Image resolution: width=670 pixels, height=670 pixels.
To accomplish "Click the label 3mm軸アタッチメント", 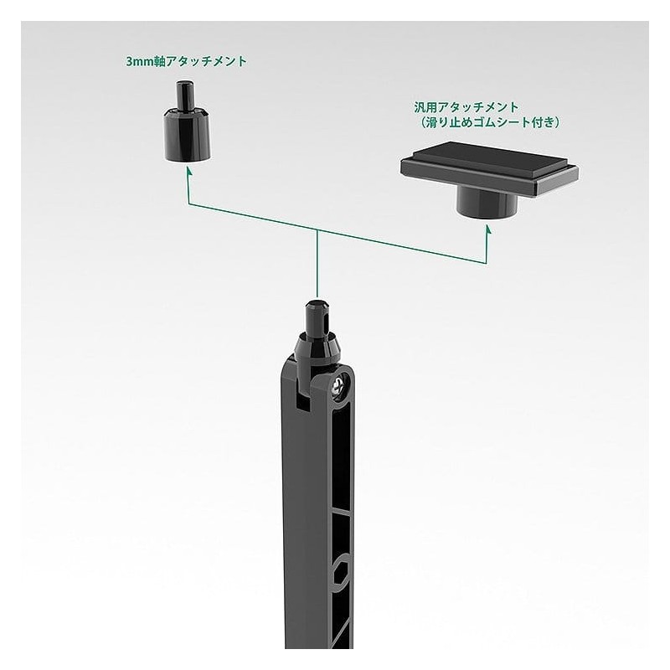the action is coord(186,61).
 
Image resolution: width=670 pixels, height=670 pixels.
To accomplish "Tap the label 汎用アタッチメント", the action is coord(466,107).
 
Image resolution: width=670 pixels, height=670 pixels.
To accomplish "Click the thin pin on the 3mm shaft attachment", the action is coord(185,95).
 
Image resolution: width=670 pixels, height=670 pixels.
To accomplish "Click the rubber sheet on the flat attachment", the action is coord(488,160).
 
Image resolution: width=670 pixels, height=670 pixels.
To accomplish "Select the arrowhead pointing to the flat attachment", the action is coord(487,229).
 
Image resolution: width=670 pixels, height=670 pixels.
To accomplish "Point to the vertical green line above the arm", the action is coord(317,264).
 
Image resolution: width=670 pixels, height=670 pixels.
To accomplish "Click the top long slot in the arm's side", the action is coord(341,457).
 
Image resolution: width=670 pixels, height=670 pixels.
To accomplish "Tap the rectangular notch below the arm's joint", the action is coord(303,401).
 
